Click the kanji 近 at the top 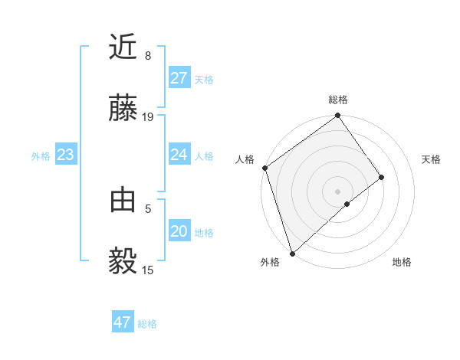(x=123, y=47)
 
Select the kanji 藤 (x=123, y=110)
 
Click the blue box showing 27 (x=179, y=77)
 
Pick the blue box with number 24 (x=179, y=155)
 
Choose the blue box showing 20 (x=179, y=231)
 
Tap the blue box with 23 (x=66, y=155)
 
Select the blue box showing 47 (x=123, y=322)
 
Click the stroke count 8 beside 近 (x=148, y=56)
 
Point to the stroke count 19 (x=149, y=117)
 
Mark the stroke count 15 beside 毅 (x=149, y=270)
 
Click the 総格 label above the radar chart (x=338, y=100)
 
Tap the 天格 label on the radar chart (x=431, y=159)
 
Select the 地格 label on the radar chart (x=402, y=263)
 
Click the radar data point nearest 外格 (x=292, y=253)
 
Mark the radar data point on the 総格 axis (x=338, y=116)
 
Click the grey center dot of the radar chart (x=338, y=191)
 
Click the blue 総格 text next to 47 (x=147, y=324)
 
